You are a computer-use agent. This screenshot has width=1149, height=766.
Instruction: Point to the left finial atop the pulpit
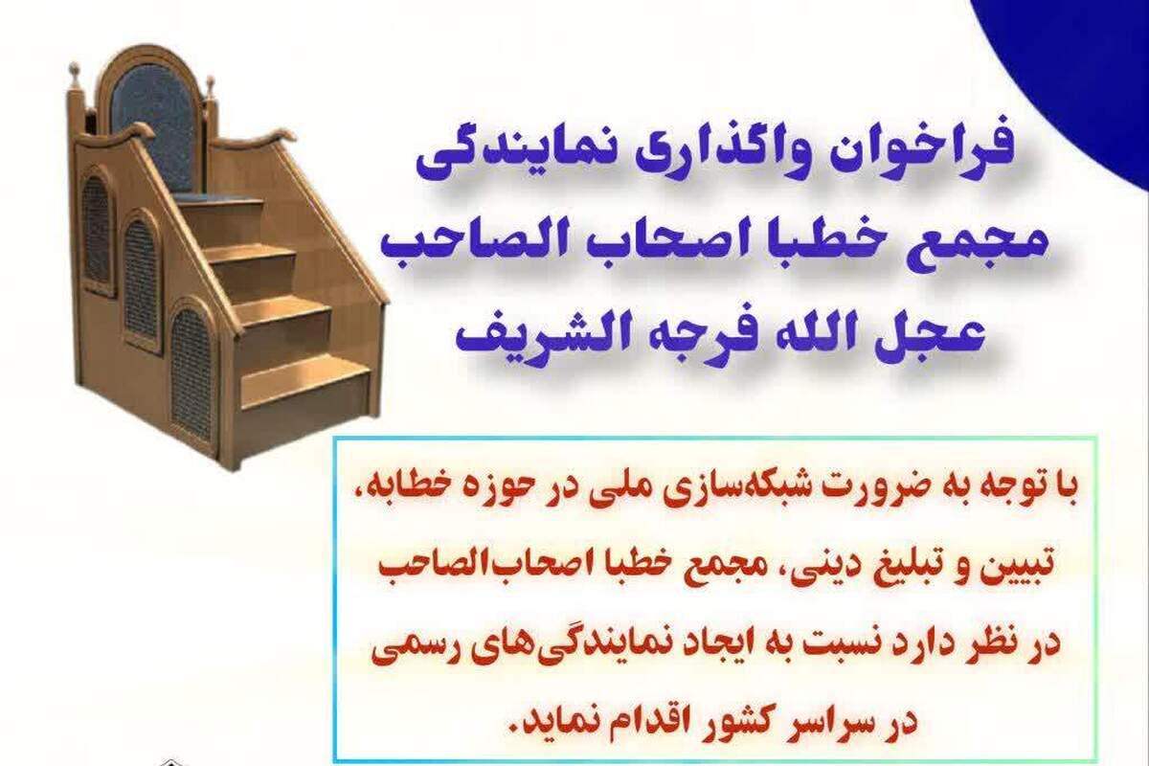tap(75, 77)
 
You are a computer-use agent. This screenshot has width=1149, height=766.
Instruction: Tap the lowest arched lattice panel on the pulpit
tap(191, 373)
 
